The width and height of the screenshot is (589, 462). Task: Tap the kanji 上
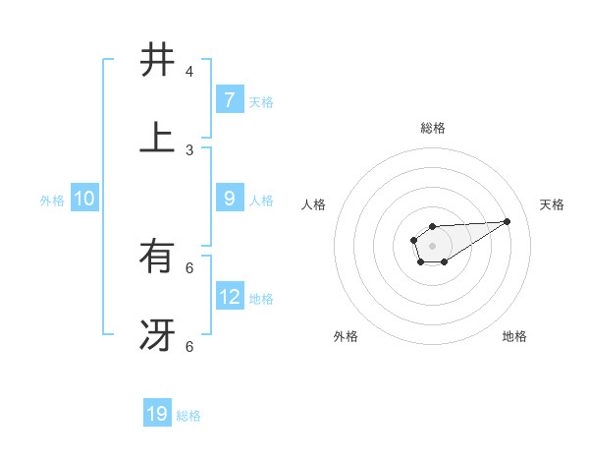tap(157, 138)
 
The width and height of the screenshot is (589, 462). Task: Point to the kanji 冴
tap(157, 335)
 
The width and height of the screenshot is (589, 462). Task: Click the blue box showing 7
tap(229, 99)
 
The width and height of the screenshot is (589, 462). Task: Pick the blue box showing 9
tap(229, 199)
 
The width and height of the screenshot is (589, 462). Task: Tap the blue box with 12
tap(230, 296)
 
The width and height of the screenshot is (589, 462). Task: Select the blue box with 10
tap(84, 199)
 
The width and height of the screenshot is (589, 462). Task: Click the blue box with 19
tap(157, 414)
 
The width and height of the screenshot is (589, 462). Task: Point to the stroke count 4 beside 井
tap(189, 72)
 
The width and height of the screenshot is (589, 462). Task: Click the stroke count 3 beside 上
tap(189, 150)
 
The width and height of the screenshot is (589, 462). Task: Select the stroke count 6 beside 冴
tap(189, 346)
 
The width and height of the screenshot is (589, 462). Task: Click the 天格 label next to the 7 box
tap(261, 101)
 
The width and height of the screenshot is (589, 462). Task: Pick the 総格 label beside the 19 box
tap(188, 416)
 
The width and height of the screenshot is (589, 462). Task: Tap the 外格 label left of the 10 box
tap(52, 201)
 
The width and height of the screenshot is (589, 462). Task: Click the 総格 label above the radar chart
tap(432, 128)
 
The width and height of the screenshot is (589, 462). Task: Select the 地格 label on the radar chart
tap(514, 337)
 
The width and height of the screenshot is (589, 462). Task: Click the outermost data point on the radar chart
tap(508, 221)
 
